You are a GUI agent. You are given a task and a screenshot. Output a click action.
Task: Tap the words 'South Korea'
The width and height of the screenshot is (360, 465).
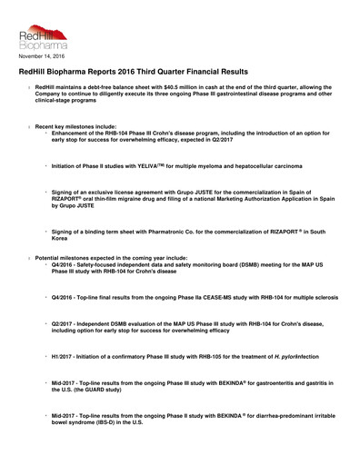[x=68, y=239]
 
